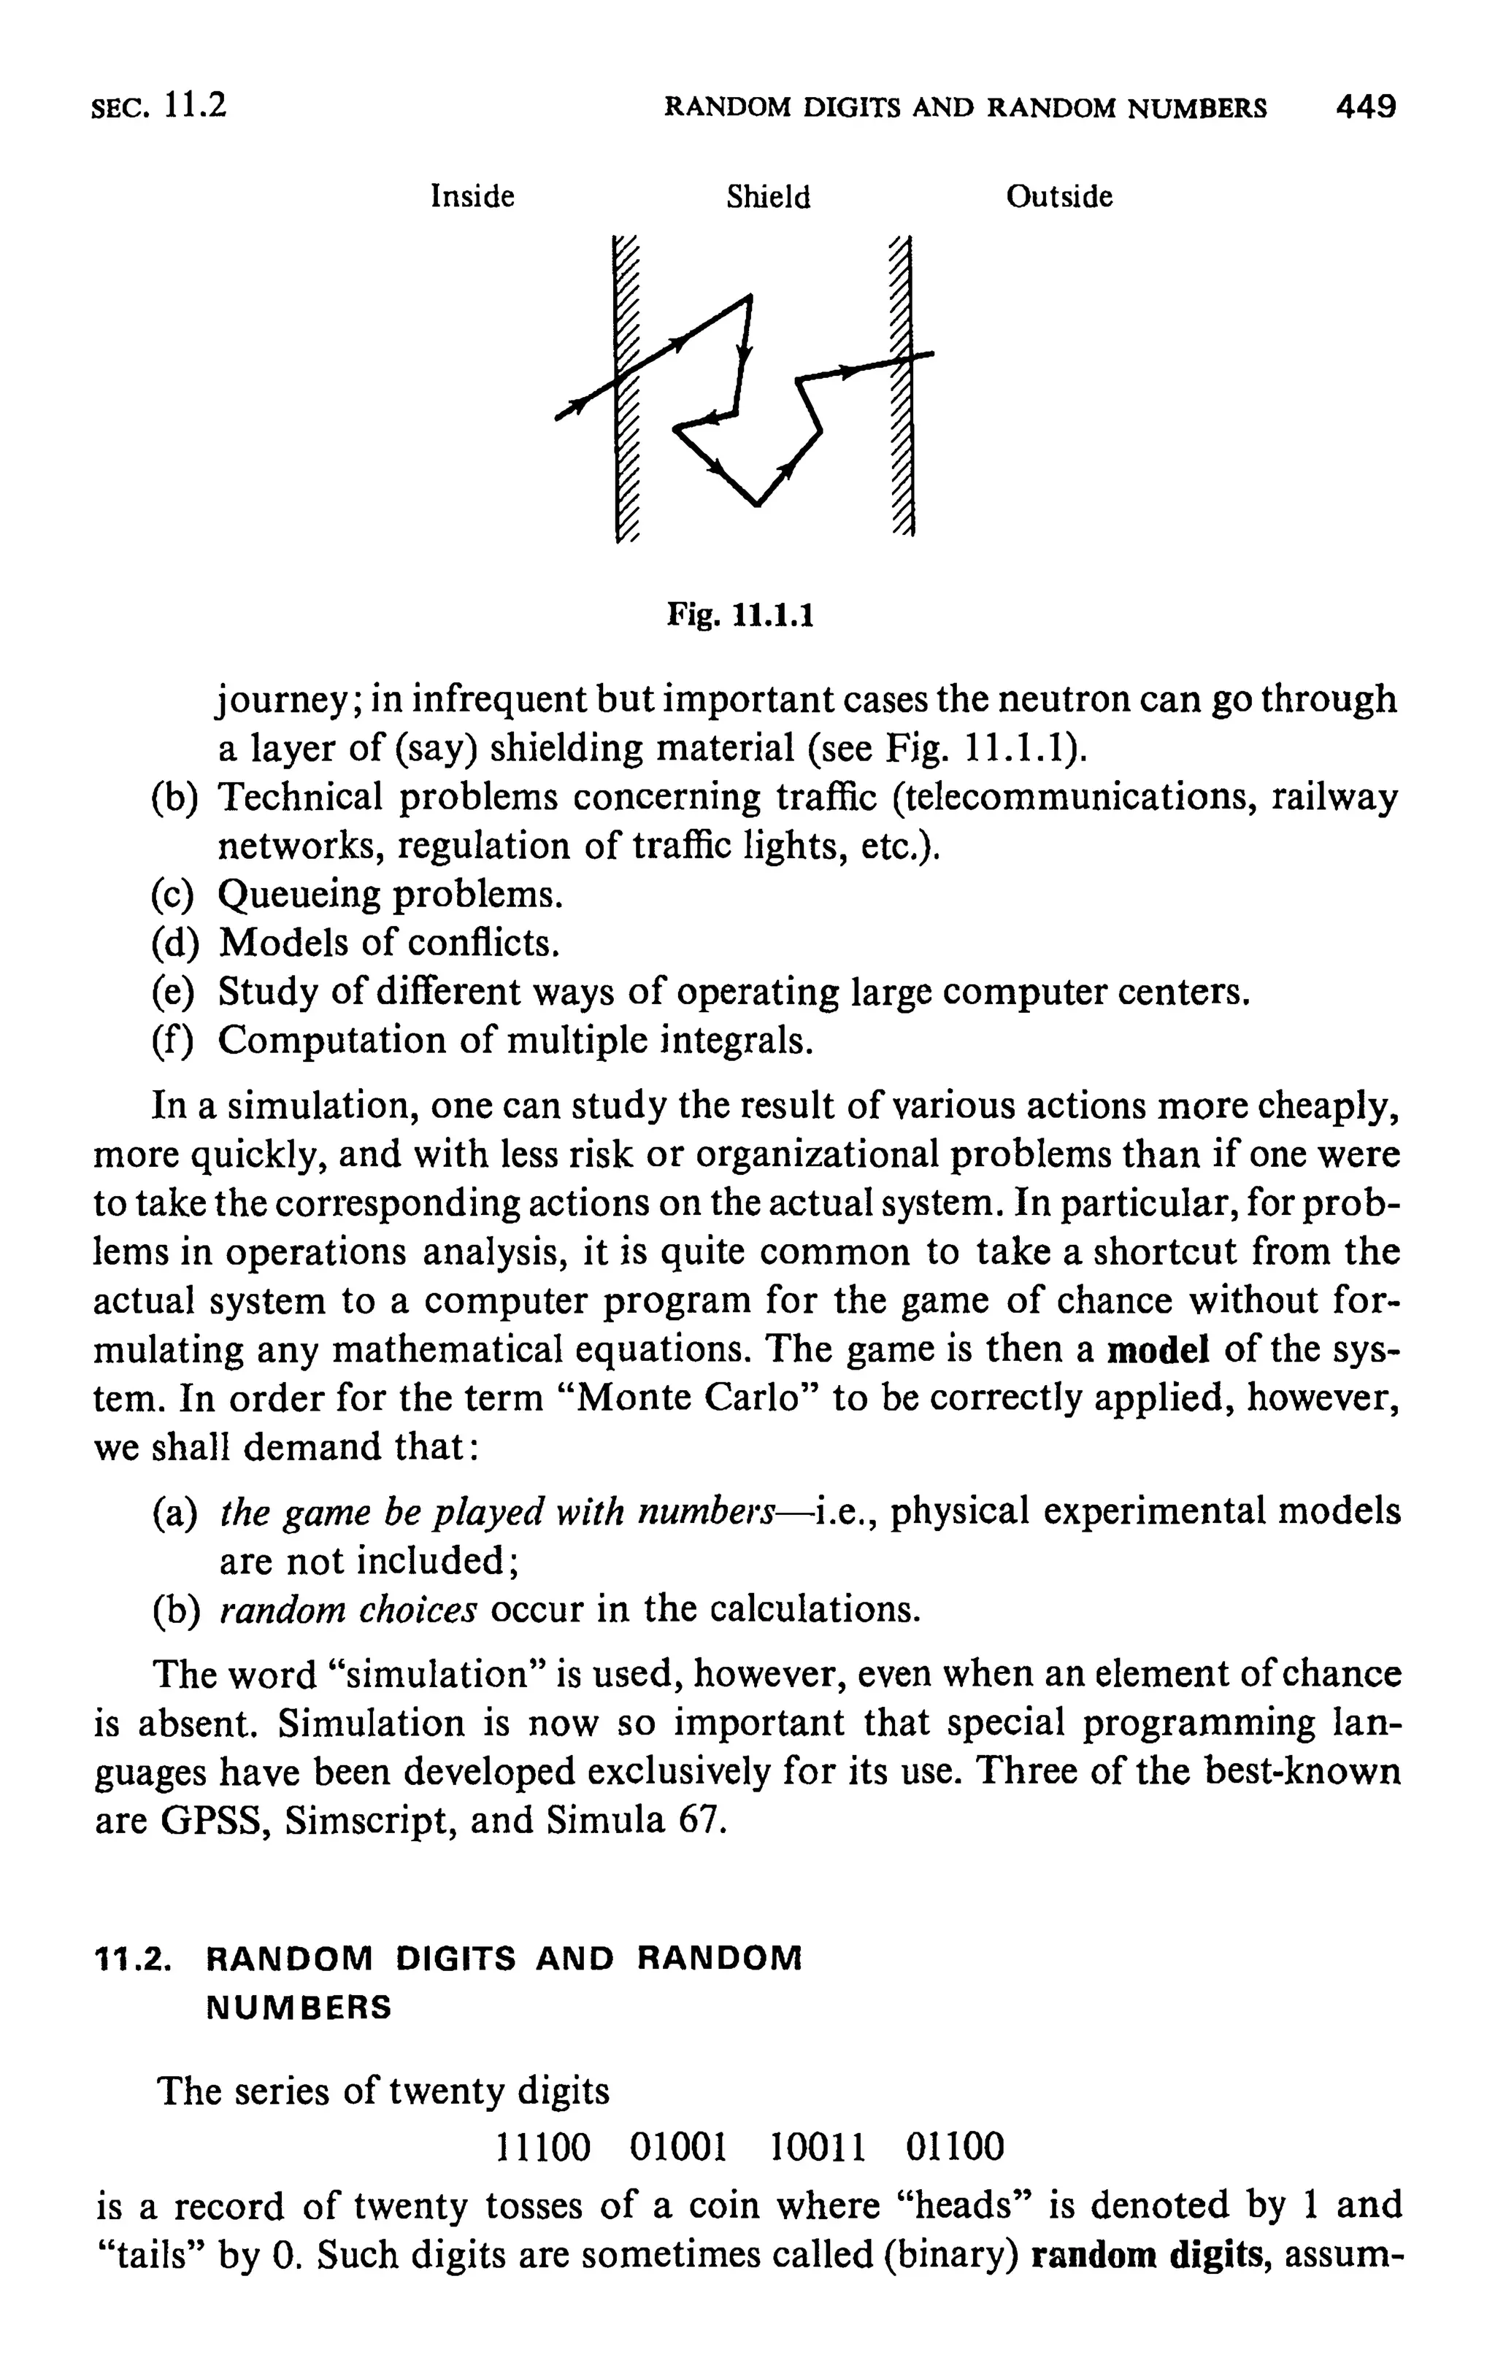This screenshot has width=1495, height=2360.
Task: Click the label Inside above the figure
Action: (472, 197)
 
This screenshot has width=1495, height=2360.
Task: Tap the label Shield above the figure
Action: (769, 198)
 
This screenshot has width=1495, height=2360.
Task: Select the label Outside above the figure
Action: (1058, 197)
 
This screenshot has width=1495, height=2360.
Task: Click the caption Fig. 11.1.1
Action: (740, 615)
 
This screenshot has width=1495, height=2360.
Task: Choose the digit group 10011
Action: (818, 2148)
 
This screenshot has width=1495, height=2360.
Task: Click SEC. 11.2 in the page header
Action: (159, 106)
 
